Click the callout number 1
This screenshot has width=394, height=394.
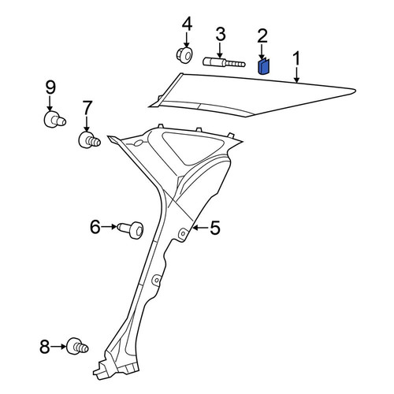click(296, 58)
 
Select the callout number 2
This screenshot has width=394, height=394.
click(262, 36)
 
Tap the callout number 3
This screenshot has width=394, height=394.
click(221, 35)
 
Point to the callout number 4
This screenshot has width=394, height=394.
click(187, 24)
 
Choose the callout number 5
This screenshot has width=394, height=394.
click(215, 228)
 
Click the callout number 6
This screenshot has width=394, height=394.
click(95, 226)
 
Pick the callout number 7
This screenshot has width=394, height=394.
click(87, 108)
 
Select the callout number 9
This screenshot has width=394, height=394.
click(50, 87)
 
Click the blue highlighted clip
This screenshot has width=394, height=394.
click(263, 66)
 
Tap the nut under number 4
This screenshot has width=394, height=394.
click(184, 54)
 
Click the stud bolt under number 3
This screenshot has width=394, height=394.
click(224, 63)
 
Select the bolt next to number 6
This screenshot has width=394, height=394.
click(131, 230)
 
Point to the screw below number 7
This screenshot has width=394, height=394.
click(89, 140)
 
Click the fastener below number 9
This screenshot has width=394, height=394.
click(54, 120)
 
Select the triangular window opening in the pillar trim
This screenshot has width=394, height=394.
click(190, 148)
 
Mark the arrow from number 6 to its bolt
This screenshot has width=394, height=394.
click(109, 226)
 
